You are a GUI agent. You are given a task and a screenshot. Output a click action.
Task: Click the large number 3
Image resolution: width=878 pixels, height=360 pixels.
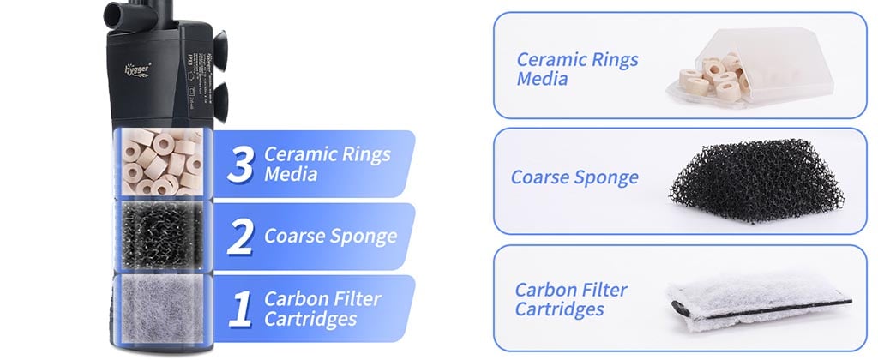240,165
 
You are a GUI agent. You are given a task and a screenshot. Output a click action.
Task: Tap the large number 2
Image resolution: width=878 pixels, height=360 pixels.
241,237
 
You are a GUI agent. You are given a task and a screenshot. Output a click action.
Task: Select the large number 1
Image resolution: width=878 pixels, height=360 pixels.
241,309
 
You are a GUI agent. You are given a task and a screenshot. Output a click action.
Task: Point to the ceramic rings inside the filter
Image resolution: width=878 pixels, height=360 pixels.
161,162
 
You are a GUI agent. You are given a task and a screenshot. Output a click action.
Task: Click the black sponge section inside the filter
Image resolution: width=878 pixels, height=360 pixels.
161,234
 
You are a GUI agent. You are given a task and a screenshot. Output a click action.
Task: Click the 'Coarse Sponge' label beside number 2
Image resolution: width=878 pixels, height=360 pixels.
330,236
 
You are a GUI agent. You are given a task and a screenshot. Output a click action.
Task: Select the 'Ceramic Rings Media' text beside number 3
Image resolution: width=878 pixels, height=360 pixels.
327,164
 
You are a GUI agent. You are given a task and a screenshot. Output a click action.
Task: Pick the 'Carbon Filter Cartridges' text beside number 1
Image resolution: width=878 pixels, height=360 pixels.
322,309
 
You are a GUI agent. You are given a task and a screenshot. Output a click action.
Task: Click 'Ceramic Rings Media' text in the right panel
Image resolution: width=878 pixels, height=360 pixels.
577,69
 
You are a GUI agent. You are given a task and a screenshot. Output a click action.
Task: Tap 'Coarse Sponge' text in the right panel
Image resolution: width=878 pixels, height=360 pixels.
574,177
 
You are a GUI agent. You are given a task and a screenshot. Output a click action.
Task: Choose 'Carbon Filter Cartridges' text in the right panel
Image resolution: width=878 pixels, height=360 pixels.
571,298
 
